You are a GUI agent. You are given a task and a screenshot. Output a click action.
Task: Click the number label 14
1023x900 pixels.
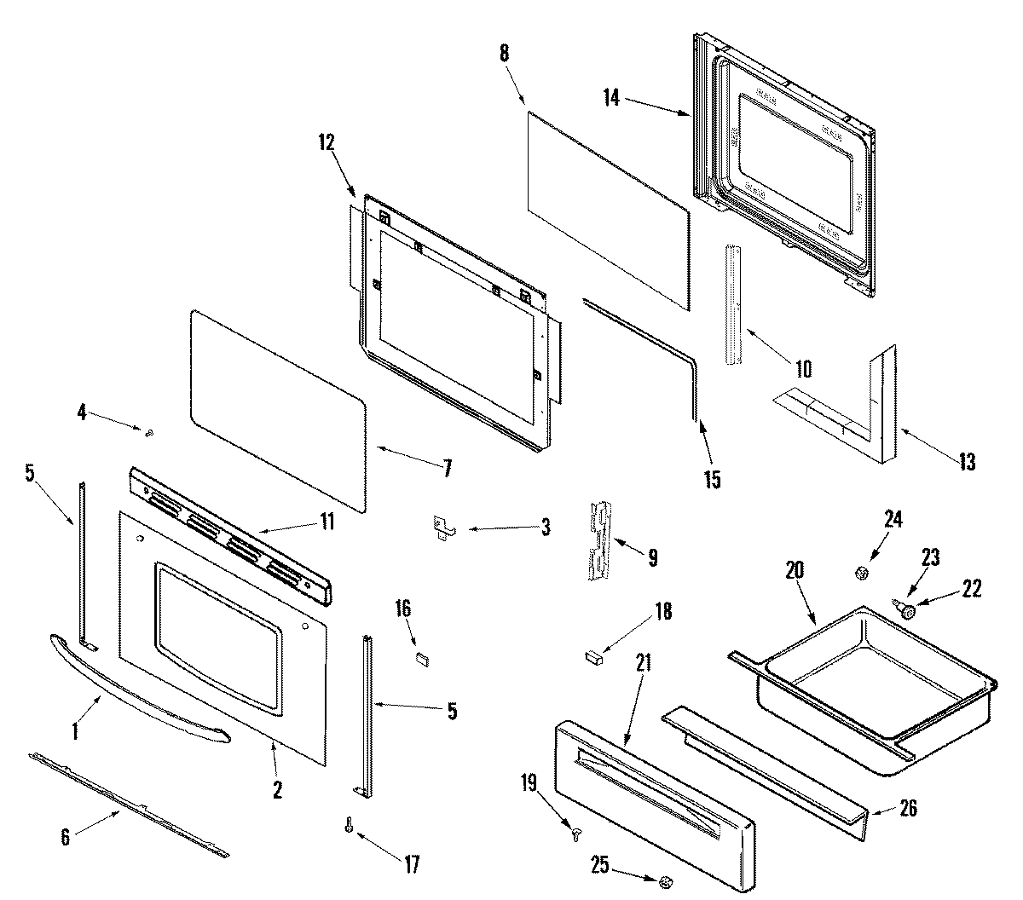click(611, 97)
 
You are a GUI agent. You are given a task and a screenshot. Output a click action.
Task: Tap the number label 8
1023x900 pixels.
click(504, 53)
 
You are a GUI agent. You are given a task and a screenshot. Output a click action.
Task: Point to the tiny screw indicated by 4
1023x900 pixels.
click(149, 434)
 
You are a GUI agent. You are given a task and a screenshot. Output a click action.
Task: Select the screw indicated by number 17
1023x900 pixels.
click(349, 828)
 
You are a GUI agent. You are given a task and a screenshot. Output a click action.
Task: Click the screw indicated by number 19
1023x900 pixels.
click(576, 837)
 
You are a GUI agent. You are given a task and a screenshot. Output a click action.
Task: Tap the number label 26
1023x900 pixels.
click(909, 808)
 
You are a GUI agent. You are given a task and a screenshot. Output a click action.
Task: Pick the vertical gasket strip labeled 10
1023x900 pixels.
click(734, 304)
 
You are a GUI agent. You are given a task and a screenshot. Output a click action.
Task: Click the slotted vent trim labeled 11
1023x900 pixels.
click(230, 545)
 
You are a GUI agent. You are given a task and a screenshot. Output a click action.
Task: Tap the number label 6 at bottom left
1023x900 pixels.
click(66, 837)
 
